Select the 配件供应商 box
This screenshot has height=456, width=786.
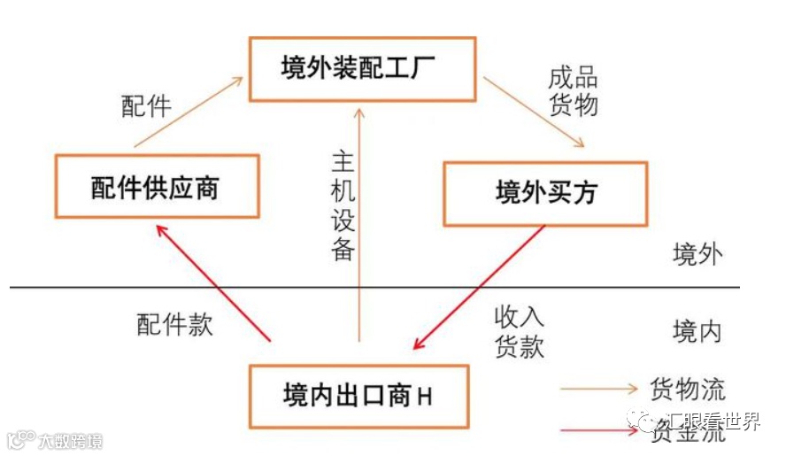156,186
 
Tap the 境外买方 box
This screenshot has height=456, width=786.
544,192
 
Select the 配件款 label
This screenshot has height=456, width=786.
174,323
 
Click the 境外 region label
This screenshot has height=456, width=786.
697,255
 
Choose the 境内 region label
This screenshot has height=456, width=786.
697,332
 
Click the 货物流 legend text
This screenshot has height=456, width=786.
688,389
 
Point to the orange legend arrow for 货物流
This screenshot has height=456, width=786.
599,389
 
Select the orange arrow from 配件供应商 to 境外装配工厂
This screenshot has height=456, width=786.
188,112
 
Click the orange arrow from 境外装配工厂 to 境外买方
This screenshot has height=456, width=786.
535,112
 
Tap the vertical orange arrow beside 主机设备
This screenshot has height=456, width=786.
359,221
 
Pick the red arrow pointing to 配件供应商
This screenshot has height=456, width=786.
212,282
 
